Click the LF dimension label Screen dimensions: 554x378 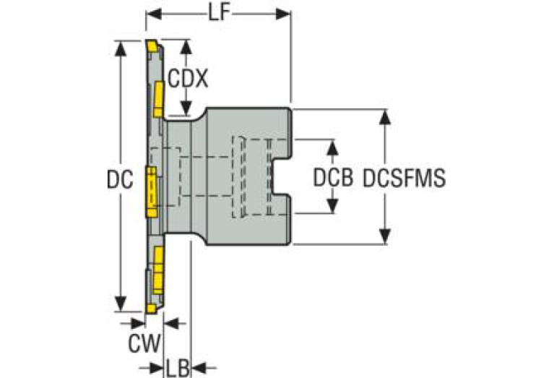(x=219, y=14)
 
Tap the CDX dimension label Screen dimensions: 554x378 (x=188, y=78)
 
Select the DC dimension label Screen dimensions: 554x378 (x=120, y=179)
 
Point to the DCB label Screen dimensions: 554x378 (x=333, y=177)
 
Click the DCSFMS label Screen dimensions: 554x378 (x=404, y=177)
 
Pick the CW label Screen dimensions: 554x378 (x=144, y=343)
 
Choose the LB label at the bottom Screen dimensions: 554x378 (x=178, y=369)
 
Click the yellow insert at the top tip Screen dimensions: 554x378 (x=152, y=46)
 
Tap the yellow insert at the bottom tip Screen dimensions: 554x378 (x=151, y=309)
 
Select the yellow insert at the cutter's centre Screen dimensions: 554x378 (x=151, y=192)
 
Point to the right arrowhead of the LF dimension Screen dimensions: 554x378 (x=283, y=14)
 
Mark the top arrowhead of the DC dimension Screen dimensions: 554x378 (x=121, y=48)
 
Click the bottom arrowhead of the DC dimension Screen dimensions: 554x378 (x=121, y=304)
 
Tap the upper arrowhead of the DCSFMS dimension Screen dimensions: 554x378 (x=385, y=116)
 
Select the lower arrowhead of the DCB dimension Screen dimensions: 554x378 (x=332, y=206)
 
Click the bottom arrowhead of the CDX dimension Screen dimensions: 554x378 (x=186, y=108)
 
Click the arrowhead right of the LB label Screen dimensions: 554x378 (x=199, y=368)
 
